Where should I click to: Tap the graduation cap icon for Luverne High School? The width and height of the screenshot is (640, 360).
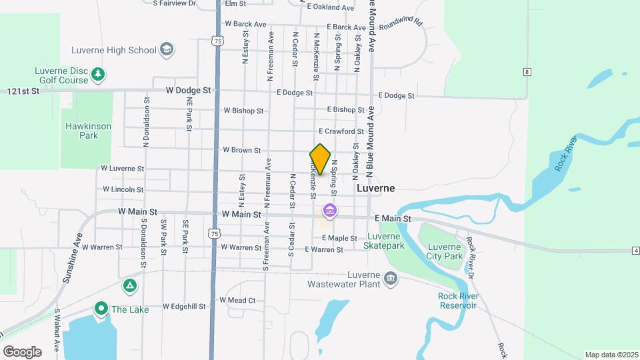coord(167,50)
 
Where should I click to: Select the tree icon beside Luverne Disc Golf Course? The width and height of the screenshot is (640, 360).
coord(98,73)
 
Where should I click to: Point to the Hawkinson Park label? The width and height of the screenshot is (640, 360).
coord(88,131)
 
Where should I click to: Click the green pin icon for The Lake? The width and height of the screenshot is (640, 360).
coord(101,308)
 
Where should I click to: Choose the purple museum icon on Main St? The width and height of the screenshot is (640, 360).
coord(329,211)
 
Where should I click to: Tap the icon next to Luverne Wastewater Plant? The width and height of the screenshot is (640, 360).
coord(391,278)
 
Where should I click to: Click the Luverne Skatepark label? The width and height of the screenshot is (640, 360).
coord(384,241)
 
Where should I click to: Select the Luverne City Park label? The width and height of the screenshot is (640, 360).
coord(445,251)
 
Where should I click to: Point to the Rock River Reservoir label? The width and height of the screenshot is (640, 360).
coord(457,301)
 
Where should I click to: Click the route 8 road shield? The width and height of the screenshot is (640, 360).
coord(527,71)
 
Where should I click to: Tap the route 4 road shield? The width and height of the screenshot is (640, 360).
coord(636,250)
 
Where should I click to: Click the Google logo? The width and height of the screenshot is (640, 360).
coord(22,351)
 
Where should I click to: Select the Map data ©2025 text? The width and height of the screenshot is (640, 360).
coord(611,355)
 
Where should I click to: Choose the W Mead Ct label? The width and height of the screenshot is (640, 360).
coord(237,301)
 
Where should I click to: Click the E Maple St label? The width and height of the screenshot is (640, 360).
coord(340,238)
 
